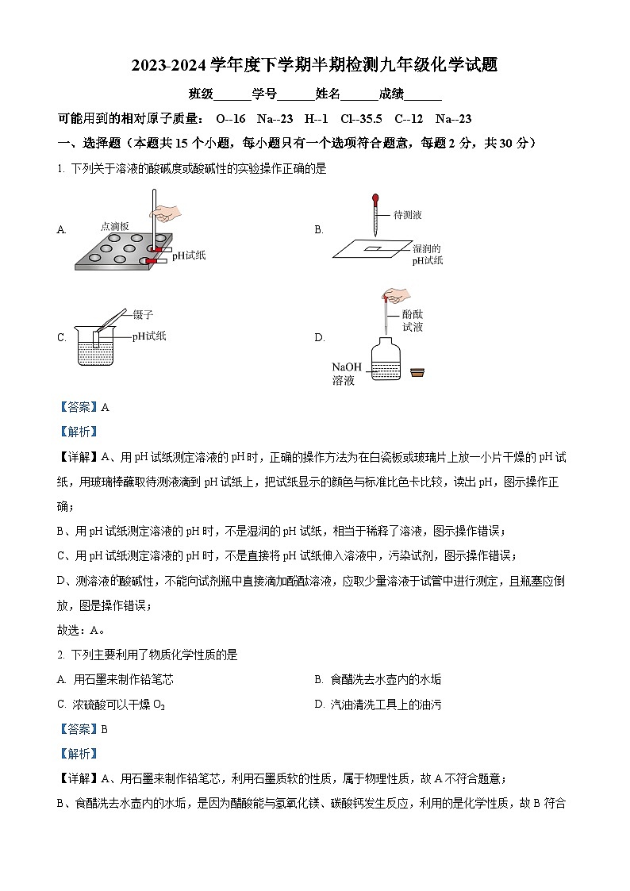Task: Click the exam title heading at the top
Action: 315,65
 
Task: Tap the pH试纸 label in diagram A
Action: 189,255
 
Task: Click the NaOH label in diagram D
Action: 346,367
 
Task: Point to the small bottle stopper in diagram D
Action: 417,372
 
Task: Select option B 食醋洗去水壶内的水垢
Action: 385,680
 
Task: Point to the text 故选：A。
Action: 82,631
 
